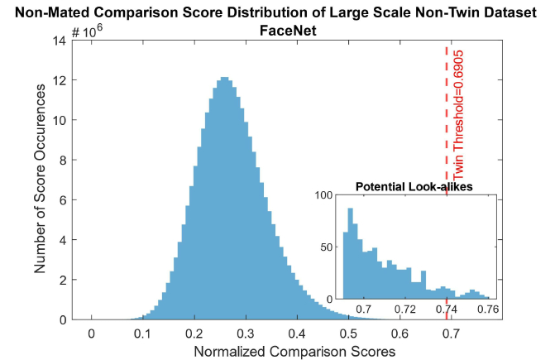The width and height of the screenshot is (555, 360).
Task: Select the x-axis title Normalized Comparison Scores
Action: (294, 351)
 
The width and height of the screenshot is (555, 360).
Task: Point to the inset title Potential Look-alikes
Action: (414, 187)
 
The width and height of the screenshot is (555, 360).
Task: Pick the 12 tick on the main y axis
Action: (61, 80)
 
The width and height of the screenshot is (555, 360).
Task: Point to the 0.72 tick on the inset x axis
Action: (405, 309)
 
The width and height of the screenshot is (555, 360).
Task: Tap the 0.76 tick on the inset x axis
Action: (487, 309)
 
